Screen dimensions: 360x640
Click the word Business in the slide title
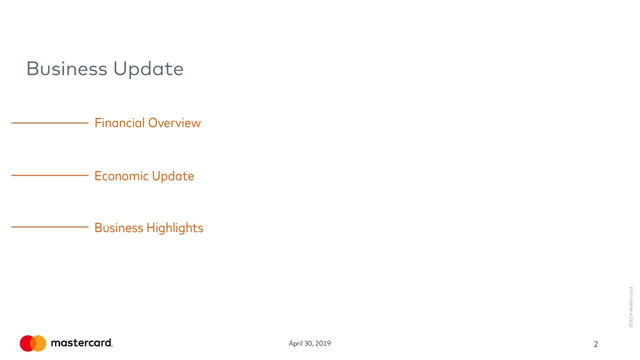tap(67, 68)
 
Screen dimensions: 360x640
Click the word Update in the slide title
tap(148, 69)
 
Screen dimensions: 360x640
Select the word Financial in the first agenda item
tap(119, 122)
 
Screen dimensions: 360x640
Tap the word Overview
tap(174, 122)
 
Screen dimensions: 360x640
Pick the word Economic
tap(121, 176)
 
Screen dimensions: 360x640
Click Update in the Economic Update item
tap(173, 176)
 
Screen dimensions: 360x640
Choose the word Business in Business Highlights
tap(118, 228)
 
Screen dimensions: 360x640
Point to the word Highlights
tap(175, 228)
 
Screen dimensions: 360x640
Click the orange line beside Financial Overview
tap(49, 122)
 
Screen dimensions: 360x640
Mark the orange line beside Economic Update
tap(49, 175)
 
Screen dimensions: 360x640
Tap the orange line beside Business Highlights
tap(49, 227)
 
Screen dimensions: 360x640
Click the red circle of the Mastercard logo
tap(26, 343)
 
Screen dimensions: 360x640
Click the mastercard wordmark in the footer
tap(81, 343)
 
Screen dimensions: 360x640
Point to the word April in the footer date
tap(295, 343)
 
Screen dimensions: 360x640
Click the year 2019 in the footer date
tap(323, 343)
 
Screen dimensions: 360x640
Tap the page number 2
tap(595, 344)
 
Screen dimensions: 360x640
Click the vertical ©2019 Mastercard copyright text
tap(631, 307)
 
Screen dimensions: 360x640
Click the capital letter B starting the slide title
tap(32, 68)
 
